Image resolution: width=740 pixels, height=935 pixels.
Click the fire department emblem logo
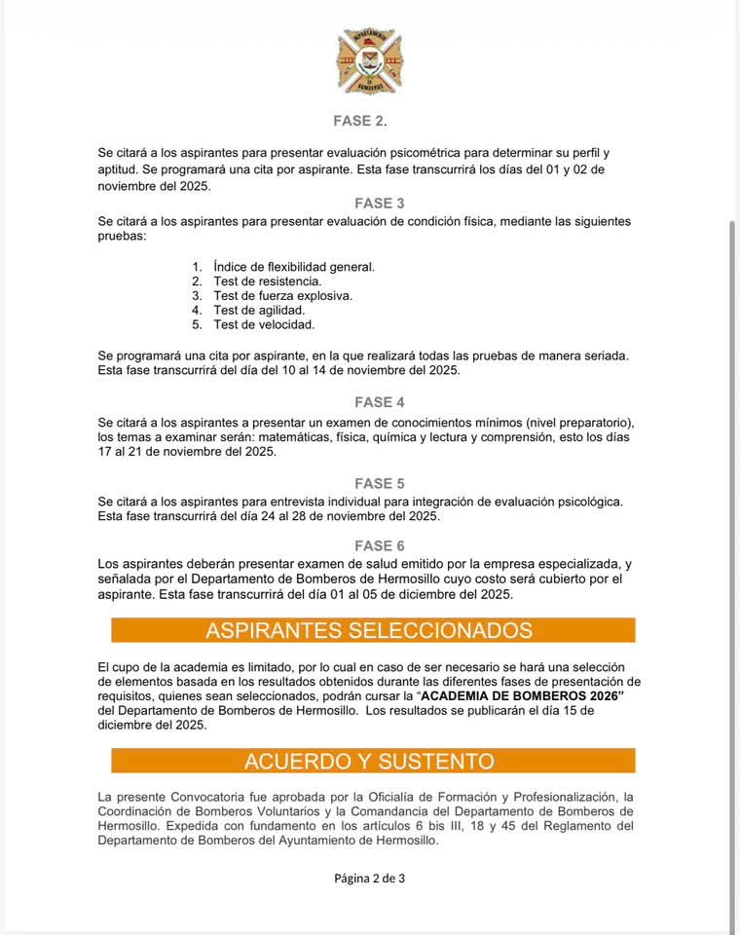[x=369, y=61]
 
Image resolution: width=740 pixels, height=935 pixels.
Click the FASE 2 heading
[x=358, y=121]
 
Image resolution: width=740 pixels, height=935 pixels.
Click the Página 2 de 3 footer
[x=369, y=878]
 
